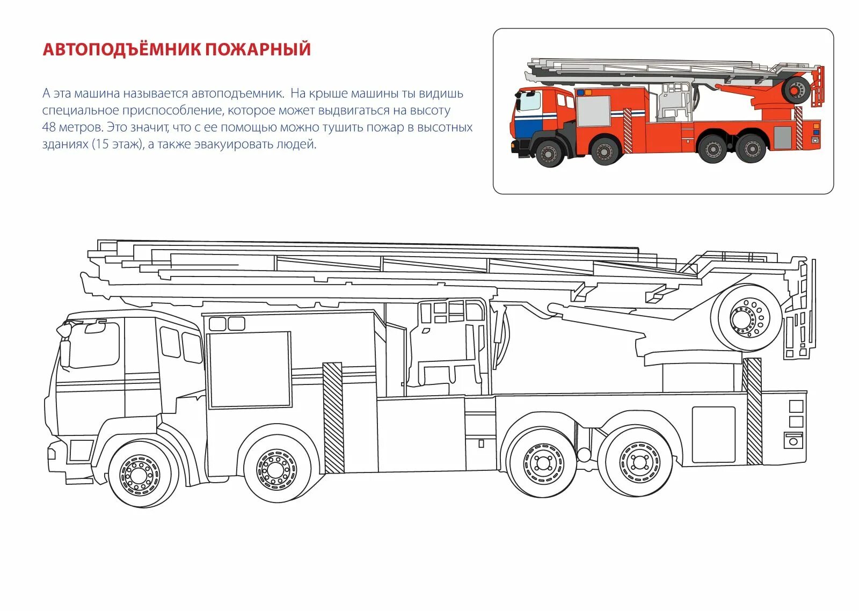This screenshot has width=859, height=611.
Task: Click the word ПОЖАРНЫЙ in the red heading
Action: [258, 49]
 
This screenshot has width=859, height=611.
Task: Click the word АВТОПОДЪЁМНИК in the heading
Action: [121, 49]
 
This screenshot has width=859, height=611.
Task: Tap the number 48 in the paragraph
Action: [49, 128]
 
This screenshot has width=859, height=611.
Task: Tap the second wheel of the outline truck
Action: [276, 469]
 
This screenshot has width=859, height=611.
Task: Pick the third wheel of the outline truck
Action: [543, 463]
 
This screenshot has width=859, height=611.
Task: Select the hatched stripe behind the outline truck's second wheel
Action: [333, 418]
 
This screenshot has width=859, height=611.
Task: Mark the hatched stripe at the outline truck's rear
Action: [753, 411]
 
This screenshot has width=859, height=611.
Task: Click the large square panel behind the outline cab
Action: [250, 369]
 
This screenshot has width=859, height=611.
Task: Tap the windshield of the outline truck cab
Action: [94, 345]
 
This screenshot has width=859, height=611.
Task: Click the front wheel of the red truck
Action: [549, 154]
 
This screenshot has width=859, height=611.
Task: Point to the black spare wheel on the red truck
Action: [797, 90]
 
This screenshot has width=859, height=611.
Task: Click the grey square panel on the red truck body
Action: [593, 111]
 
